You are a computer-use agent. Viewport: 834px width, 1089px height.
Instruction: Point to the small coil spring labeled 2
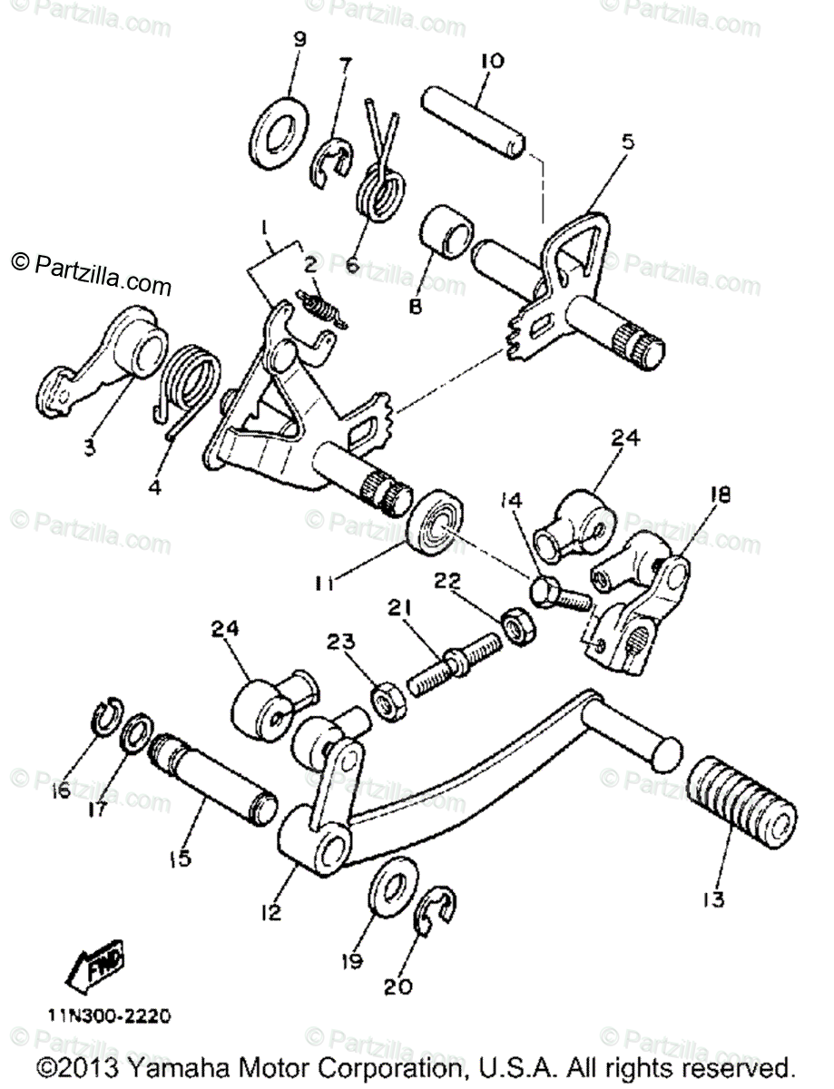tap(322, 310)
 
